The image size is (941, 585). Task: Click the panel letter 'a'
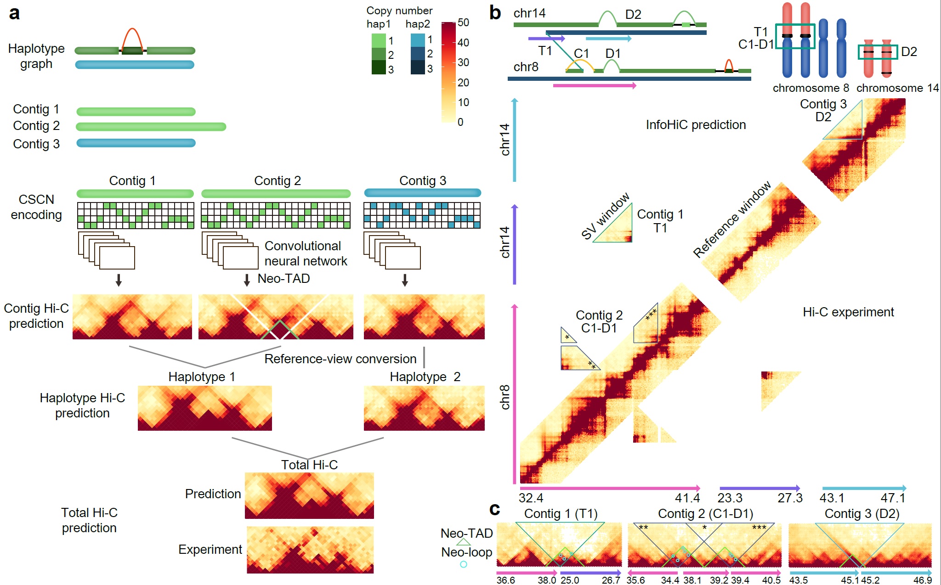14,13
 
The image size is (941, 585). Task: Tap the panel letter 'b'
495,12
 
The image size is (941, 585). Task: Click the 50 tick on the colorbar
463,22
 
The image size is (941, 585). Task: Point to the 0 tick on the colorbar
460,122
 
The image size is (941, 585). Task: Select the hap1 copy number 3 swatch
379,67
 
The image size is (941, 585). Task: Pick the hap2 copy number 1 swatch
418,40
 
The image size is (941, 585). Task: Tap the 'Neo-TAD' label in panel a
283,278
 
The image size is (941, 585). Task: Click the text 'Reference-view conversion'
340,359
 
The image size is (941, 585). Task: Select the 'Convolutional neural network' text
306,253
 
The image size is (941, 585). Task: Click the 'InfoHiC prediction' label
696,125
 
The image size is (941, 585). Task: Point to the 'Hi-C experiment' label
848,312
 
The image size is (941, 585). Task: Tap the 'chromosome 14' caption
897,88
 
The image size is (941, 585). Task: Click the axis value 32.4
531,498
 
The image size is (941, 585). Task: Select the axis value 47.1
892,498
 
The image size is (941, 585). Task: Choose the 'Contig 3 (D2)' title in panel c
862,513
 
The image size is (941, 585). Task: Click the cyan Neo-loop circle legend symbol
464,564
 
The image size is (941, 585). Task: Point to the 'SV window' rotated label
605,216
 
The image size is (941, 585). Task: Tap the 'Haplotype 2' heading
425,377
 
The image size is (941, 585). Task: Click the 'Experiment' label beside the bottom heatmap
210,549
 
